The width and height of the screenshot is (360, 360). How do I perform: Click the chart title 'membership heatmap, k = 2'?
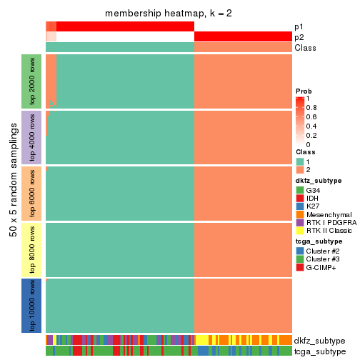pyautogui.click(x=169, y=14)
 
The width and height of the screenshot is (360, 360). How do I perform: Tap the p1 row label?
pyautogui.click(x=299, y=26)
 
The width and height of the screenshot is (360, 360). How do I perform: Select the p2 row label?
pyautogui.click(x=299, y=37)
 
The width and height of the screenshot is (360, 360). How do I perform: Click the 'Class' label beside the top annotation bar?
pyautogui.click(x=304, y=48)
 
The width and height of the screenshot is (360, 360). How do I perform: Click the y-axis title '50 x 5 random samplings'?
pyautogui.click(x=12, y=193)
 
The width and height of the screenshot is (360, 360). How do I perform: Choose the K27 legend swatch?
pyautogui.click(x=300, y=206)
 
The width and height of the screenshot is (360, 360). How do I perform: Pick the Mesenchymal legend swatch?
pyautogui.click(x=300, y=215)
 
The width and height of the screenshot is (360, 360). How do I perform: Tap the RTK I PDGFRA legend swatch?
pyautogui.click(x=300, y=224)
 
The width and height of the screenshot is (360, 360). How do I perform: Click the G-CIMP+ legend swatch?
pyautogui.click(x=300, y=268)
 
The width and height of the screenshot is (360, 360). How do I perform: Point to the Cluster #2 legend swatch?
pyautogui.click(x=300, y=251)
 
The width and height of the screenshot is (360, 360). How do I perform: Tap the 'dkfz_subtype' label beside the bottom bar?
pyautogui.click(x=319, y=340)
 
